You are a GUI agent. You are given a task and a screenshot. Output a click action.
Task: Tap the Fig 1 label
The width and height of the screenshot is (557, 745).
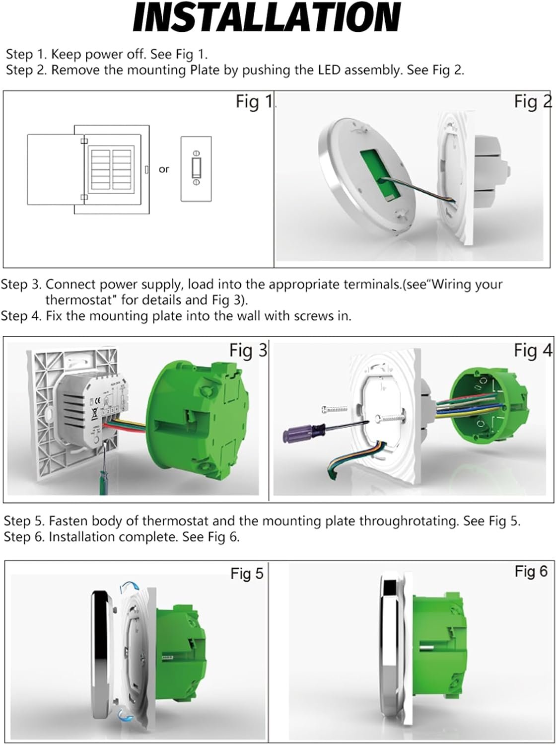[254, 102]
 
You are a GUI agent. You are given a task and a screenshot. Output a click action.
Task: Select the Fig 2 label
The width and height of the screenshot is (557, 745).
[533, 102]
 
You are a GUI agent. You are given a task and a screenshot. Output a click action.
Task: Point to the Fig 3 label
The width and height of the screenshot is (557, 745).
[248, 351]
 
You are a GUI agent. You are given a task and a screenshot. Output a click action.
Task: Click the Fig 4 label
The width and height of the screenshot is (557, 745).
[533, 351]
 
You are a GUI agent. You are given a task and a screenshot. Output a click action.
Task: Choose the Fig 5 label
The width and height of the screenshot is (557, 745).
[247, 574]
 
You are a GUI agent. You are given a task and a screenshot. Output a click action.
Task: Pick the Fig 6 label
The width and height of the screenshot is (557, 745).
[531, 572]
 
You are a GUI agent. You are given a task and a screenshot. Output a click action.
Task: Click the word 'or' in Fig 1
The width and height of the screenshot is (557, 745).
[164, 169]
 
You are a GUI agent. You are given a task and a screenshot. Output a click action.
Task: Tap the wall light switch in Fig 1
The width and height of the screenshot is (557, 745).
[196, 169]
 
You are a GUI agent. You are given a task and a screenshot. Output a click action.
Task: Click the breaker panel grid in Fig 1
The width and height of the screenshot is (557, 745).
[112, 169]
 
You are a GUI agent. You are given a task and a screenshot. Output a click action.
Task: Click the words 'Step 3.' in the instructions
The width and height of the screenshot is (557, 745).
[21, 285]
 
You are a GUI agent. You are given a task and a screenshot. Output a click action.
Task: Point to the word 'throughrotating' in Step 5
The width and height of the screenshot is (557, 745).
[408, 521]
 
